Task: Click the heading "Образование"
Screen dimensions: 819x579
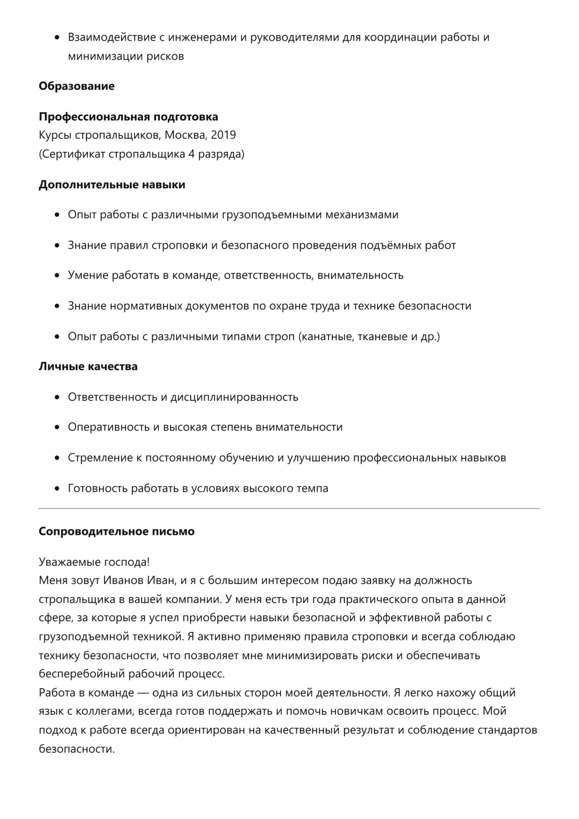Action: coord(76,86)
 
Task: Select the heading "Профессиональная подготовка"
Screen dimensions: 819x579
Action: coord(128,117)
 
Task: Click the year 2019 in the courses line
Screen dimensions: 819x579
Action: coord(223,135)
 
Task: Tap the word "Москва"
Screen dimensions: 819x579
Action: coord(185,135)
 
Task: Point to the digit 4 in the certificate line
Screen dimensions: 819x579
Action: coord(191,154)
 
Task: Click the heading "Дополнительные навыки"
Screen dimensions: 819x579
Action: coord(112,185)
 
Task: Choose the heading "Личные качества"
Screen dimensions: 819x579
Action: coord(88,367)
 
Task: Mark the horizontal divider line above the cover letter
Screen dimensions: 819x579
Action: coord(289,508)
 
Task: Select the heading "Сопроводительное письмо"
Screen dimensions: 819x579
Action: coord(116,532)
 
